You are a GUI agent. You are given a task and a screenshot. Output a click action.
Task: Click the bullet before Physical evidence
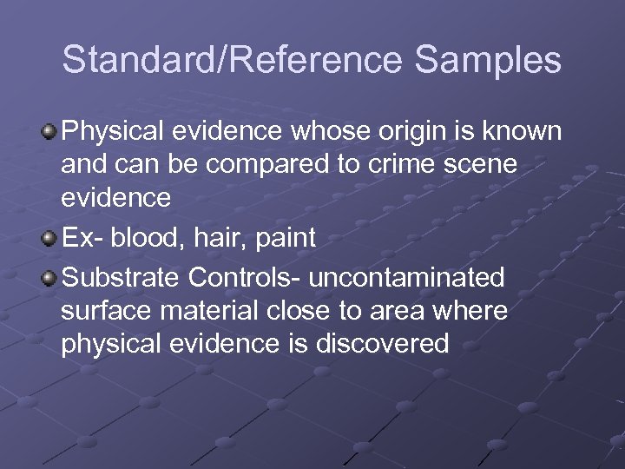click(50, 132)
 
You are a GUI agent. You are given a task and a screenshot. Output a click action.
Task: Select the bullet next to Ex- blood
click(50, 239)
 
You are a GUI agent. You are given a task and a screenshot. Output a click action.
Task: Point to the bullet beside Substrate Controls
click(50, 278)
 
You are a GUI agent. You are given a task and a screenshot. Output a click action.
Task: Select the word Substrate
click(122, 278)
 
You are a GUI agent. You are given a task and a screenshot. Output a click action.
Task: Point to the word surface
click(107, 311)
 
